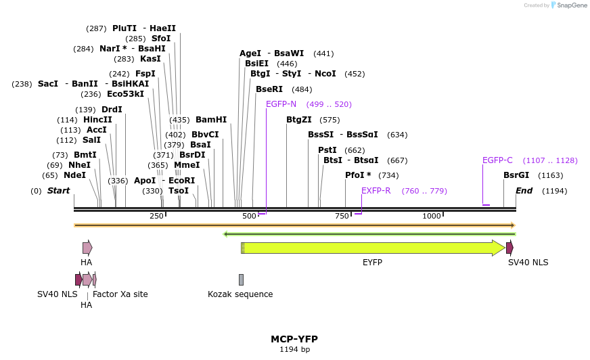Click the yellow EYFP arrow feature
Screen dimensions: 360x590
(372, 248)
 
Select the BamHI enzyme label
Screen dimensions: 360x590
(211, 120)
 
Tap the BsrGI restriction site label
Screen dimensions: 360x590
(516, 175)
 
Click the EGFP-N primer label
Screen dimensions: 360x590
(281, 104)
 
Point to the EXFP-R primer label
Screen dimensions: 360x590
(376, 191)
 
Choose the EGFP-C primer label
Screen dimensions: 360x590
(497, 160)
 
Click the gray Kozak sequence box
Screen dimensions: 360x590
(241, 279)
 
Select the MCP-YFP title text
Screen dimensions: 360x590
(294, 339)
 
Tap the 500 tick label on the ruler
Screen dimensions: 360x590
(250, 216)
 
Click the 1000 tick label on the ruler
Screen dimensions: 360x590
(432, 216)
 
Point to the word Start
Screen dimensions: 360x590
(58, 191)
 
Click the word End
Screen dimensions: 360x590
(524, 191)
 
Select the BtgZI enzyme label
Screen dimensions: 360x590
(298, 120)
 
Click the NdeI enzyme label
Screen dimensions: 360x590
(74, 175)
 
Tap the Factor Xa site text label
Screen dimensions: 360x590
(120, 294)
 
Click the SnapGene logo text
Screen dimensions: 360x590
(570, 5)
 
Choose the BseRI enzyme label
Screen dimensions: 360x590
(269, 89)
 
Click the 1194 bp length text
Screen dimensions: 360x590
(294, 350)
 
